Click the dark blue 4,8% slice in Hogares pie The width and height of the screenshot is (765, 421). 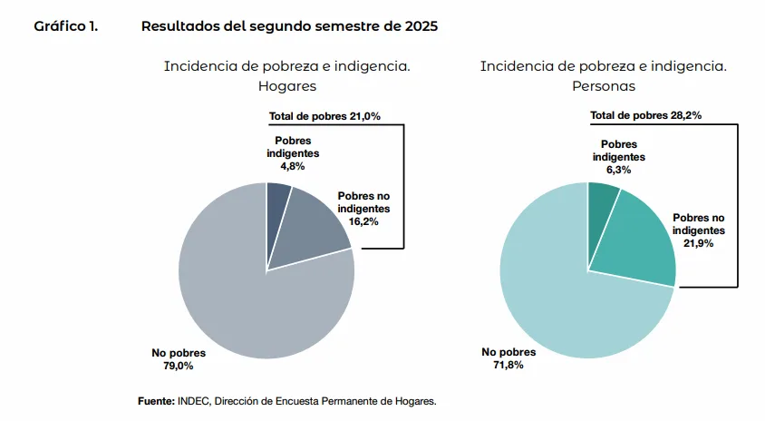click(x=277, y=204)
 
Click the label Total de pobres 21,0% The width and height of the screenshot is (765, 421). click(x=324, y=116)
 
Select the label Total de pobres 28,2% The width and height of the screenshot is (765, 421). click(x=645, y=115)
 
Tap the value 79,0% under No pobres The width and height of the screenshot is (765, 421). click(x=177, y=366)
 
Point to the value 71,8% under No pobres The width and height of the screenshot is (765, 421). click(x=507, y=365)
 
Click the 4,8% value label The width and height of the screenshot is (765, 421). click(x=292, y=166)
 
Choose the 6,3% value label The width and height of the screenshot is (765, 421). click(x=619, y=170)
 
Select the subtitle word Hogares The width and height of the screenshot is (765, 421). click(x=286, y=86)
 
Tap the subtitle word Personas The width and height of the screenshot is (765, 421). click(x=603, y=86)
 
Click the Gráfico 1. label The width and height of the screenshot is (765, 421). click(x=65, y=26)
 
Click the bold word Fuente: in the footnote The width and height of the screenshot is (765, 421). click(x=156, y=400)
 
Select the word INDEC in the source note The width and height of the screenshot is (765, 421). click(x=194, y=400)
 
